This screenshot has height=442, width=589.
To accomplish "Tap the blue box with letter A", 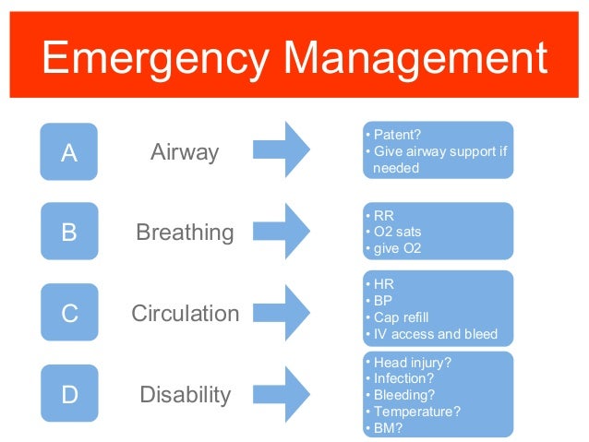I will (69, 151).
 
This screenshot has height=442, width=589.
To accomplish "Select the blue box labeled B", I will (69, 232).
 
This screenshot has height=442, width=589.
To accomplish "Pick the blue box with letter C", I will (69, 314).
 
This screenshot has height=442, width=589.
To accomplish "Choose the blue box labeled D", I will (69, 394).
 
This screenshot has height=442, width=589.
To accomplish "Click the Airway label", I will (186, 151).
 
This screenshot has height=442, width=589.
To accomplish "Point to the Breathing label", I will (185, 233).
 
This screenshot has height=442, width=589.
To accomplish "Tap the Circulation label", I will (185, 314).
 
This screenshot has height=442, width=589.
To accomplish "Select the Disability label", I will (185, 395).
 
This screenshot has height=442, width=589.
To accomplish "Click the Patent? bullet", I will (396, 134).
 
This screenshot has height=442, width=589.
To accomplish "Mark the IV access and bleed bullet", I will (435, 334).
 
